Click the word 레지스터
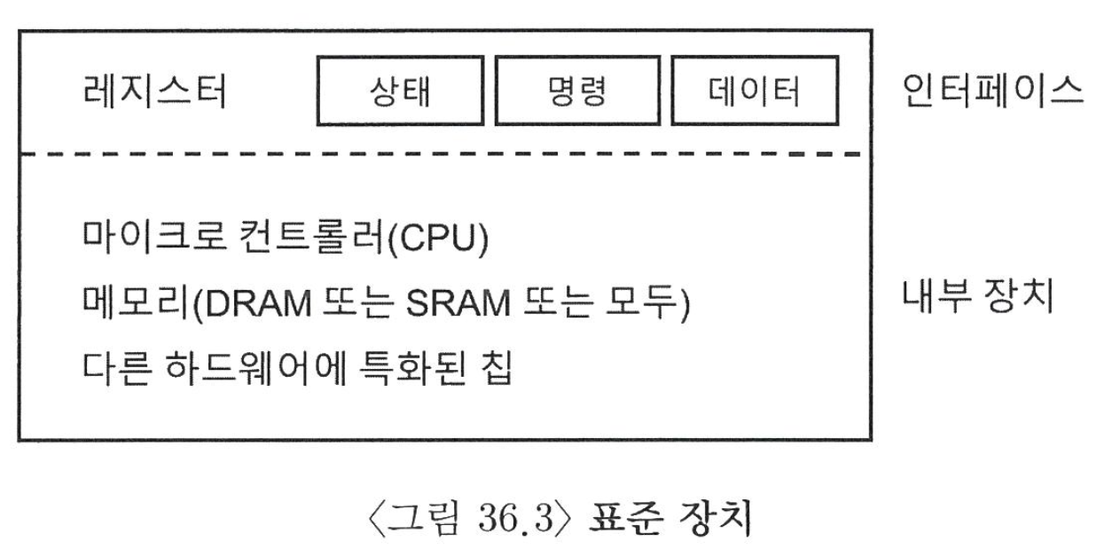153,91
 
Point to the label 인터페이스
992,91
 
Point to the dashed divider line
443,153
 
